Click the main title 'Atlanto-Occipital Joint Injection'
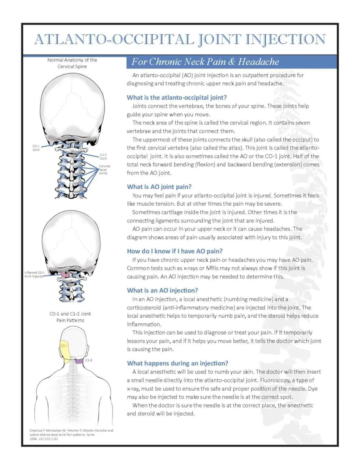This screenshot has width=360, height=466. tap(180, 40)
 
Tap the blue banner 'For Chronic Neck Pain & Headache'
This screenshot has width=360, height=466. tap(205, 62)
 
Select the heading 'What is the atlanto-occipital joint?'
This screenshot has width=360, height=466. tap(177, 97)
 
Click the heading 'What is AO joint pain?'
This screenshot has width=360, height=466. tap(159, 187)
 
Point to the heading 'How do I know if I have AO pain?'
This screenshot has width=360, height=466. tap(175, 251)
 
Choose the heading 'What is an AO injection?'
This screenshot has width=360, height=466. tap(162, 290)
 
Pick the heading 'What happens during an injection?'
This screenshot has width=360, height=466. tap(177, 363)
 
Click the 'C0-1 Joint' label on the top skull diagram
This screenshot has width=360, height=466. tap(36, 148)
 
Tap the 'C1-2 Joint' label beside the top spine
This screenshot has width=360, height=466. tap(103, 157)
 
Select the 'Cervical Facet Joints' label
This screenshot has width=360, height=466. tap(104, 170)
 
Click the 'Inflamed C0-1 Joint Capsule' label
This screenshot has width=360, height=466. tap(34, 274)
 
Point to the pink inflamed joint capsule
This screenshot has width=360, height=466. tap(64, 275)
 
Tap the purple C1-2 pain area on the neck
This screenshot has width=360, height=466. tap(79, 361)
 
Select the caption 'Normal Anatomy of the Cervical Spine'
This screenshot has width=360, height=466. tap(72, 63)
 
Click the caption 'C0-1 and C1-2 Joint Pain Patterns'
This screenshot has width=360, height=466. tap(70, 317)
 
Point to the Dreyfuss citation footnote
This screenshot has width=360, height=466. tap(71, 434)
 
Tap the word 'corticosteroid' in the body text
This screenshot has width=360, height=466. tap(144, 307)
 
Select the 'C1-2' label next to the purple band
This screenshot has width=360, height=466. tap(89, 360)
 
